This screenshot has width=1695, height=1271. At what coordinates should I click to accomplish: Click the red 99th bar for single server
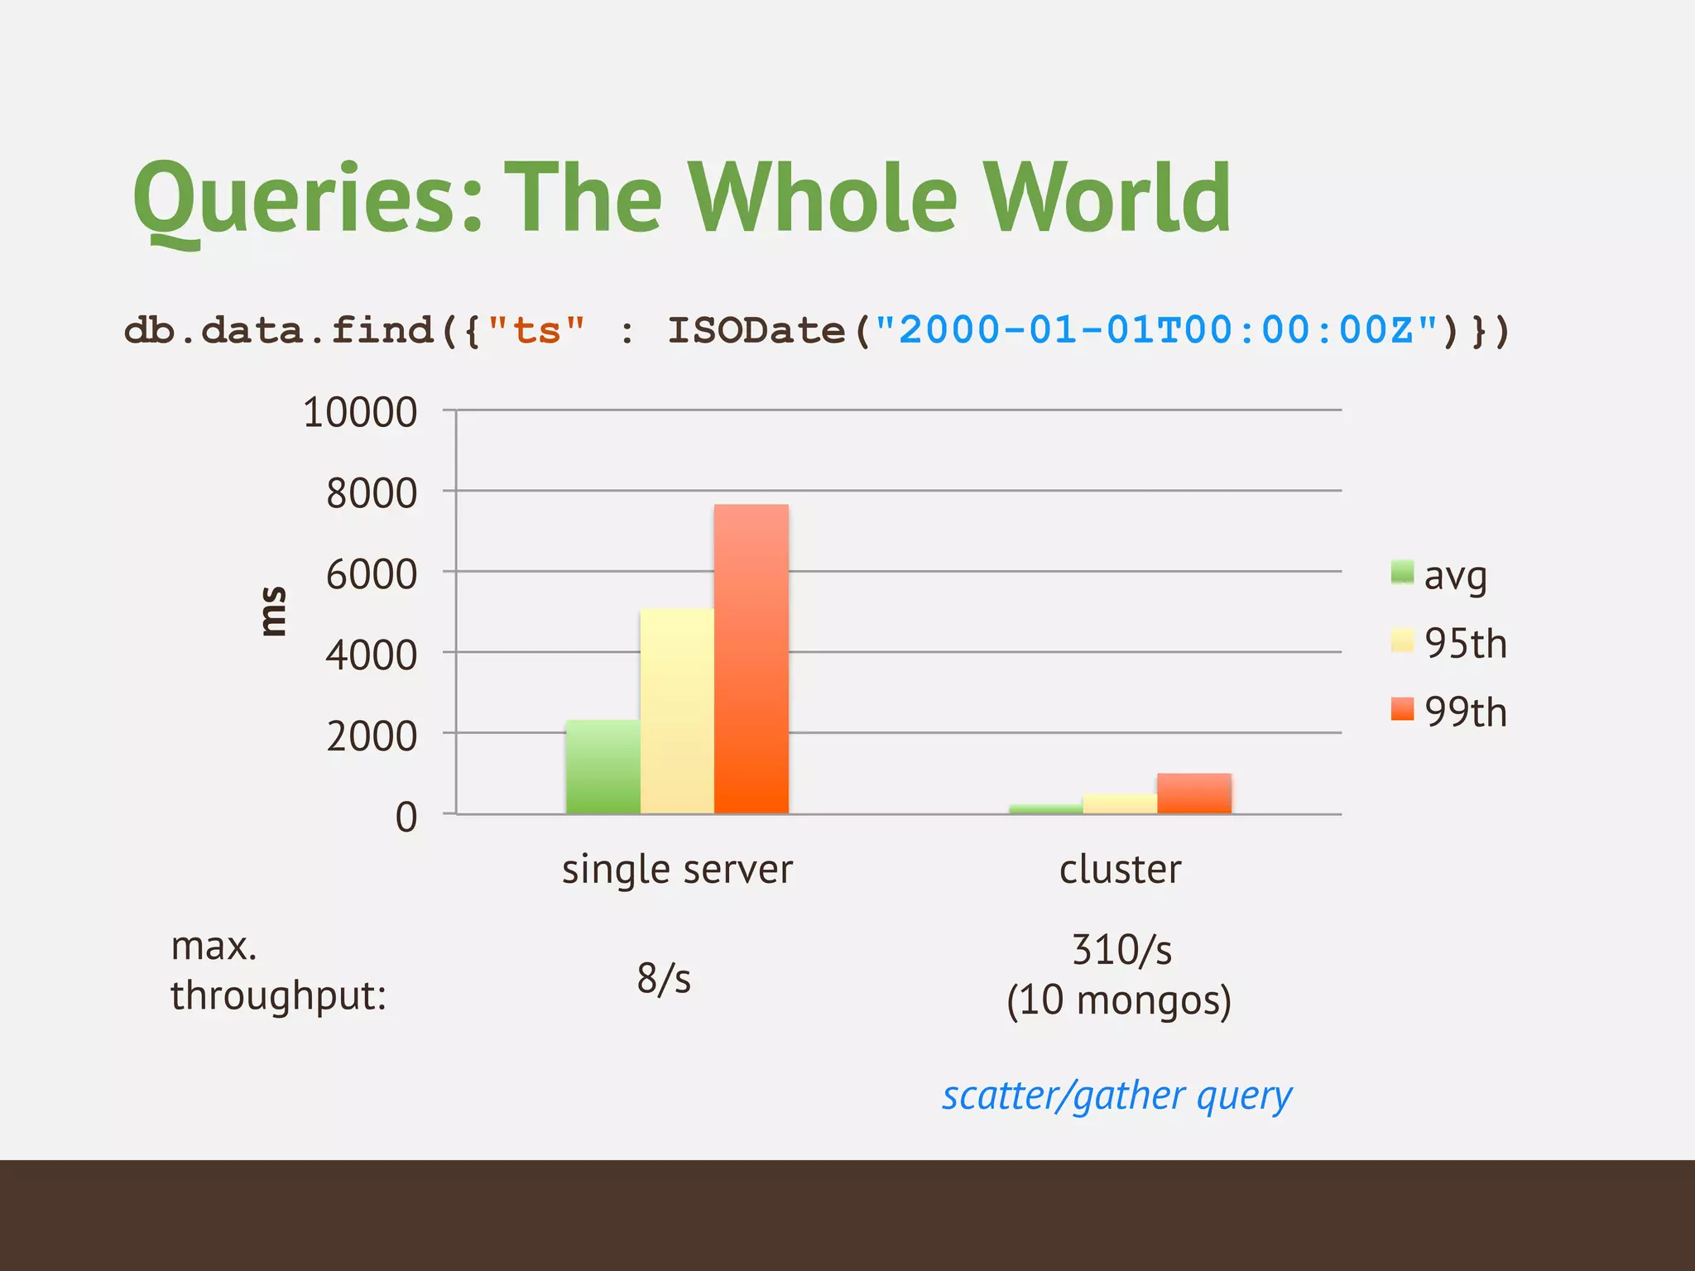[x=751, y=659]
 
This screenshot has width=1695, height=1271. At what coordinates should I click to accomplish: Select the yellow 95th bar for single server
[x=676, y=711]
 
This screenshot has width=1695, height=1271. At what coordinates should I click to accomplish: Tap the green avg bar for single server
[x=603, y=766]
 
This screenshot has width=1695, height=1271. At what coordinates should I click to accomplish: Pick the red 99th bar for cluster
[x=1193, y=793]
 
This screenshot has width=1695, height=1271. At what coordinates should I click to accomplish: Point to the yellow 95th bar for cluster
[x=1119, y=803]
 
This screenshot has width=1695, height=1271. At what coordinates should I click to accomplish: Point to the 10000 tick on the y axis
[x=360, y=412]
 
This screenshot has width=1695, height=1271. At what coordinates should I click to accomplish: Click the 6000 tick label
[x=371, y=574]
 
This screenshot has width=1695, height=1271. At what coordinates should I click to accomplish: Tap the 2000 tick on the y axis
[x=371, y=736]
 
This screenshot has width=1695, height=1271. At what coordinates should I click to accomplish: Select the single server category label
[x=677, y=870]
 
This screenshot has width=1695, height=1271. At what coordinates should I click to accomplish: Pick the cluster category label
[x=1120, y=870]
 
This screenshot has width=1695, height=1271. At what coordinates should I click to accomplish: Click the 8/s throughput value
[x=664, y=978]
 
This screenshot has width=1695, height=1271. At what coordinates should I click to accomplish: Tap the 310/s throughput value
[x=1121, y=950]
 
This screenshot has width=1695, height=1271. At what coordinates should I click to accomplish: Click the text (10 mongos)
[x=1119, y=1000]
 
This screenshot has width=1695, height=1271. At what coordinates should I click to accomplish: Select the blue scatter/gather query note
[x=1116, y=1096]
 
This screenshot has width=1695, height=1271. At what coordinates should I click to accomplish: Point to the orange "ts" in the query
[x=536, y=330]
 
